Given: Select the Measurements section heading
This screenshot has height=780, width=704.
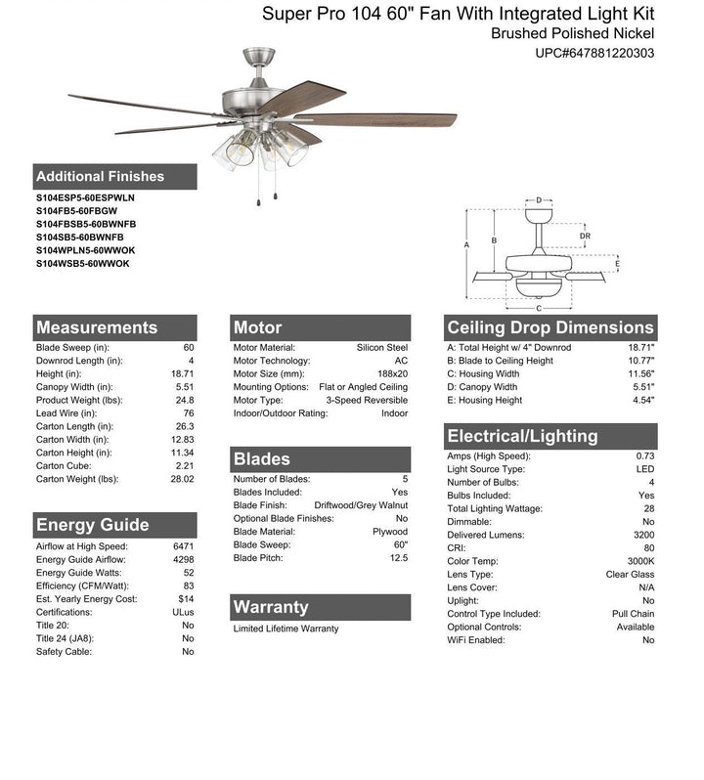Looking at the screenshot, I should (x=96, y=327).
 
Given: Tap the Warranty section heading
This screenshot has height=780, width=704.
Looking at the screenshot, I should (x=271, y=607).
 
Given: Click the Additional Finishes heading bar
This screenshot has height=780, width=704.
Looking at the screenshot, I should (x=100, y=177).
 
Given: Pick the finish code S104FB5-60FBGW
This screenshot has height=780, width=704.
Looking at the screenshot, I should (x=76, y=211).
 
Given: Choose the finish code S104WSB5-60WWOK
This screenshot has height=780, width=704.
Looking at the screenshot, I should (x=82, y=264).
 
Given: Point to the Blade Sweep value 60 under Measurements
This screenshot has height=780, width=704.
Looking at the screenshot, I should (x=188, y=348).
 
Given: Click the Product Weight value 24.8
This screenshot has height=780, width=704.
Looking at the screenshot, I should (x=186, y=400).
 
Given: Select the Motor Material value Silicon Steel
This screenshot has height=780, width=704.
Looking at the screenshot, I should (x=382, y=348).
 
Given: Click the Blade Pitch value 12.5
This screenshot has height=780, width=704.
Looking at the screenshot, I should (x=398, y=558).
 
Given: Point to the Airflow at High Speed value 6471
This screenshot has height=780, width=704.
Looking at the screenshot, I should (x=183, y=545).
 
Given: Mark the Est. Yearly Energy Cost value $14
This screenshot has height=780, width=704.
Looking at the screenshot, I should (x=186, y=599).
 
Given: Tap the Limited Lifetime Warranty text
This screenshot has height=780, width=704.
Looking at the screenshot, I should (x=286, y=628).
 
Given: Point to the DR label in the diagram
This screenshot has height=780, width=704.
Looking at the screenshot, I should (x=584, y=236).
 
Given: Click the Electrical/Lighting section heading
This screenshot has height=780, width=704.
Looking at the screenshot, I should (x=521, y=436).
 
